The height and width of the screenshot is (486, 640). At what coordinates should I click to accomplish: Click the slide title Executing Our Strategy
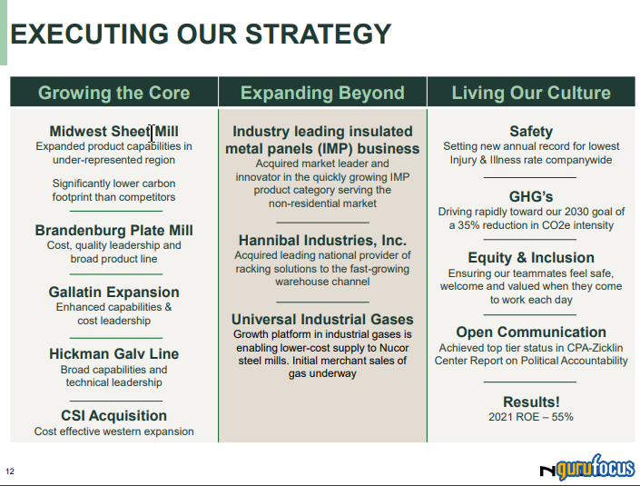tap(201, 35)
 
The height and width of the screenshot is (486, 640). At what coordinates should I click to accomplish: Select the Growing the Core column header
tap(114, 93)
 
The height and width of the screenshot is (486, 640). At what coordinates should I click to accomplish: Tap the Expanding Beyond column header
tap(322, 93)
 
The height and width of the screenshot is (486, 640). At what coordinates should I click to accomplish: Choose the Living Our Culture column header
tap(531, 93)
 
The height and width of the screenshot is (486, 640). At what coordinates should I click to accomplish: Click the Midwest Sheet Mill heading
tap(114, 132)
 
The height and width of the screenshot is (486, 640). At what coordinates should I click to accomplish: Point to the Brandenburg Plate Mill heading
tap(114, 231)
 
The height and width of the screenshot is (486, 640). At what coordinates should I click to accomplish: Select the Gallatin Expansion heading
tap(114, 293)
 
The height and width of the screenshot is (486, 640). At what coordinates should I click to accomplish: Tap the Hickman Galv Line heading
tap(114, 354)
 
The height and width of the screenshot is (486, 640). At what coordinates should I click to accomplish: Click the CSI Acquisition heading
tap(114, 416)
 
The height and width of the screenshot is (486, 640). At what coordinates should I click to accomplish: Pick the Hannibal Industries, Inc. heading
tap(322, 241)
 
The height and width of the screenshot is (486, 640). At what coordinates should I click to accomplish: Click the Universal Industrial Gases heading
tap(322, 320)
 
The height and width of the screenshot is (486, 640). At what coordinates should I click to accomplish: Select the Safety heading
tap(531, 132)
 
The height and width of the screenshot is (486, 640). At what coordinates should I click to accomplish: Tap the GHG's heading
tap(531, 197)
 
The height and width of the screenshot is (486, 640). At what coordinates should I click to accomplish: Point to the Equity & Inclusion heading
tap(531, 258)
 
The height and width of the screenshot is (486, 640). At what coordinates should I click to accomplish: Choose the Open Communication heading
tap(531, 332)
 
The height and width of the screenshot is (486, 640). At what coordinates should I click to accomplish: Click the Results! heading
tap(531, 402)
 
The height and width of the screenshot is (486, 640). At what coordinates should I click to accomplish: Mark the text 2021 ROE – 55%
tap(531, 418)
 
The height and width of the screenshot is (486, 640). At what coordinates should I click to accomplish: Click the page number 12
tap(10, 471)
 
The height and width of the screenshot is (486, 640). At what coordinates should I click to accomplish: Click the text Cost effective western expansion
tap(114, 431)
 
